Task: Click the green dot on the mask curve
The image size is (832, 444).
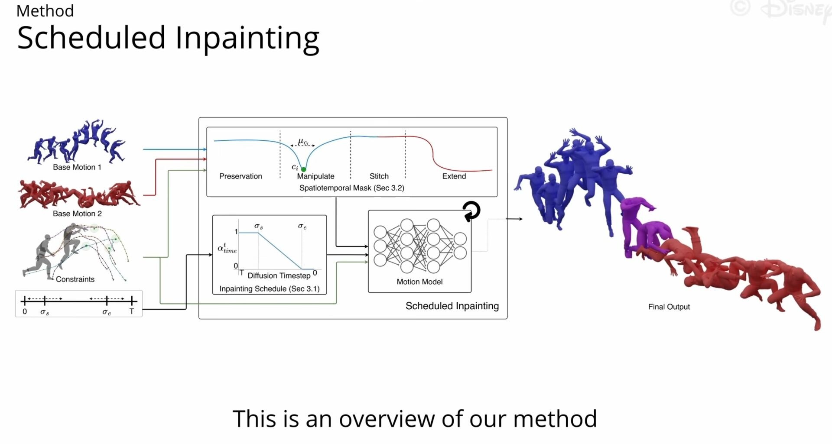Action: click(303, 169)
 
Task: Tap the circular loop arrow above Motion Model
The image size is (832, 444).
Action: click(471, 211)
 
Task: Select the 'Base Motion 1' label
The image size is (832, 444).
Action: click(77, 167)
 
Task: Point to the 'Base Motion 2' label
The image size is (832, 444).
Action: click(77, 214)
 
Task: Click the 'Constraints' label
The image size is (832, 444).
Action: click(75, 279)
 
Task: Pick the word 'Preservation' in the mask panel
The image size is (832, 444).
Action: click(240, 176)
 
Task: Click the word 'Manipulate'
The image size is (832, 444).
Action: click(315, 176)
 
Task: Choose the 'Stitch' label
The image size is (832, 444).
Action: click(379, 176)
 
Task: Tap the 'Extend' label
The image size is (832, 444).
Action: click(454, 176)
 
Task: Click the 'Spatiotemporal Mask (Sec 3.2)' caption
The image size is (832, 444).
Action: click(352, 188)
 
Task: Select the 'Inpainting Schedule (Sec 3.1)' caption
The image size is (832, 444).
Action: click(270, 289)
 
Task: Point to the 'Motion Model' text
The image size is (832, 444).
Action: click(419, 282)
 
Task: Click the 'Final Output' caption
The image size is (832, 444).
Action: click(669, 307)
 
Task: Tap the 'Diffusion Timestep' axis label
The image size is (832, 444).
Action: click(279, 275)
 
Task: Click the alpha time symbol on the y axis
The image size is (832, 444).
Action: click(227, 248)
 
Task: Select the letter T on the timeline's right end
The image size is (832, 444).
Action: click(132, 311)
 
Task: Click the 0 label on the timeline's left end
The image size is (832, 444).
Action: click(25, 311)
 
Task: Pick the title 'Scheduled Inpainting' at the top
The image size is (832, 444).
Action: click(168, 38)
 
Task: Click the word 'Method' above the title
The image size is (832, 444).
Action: click(45, 11)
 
